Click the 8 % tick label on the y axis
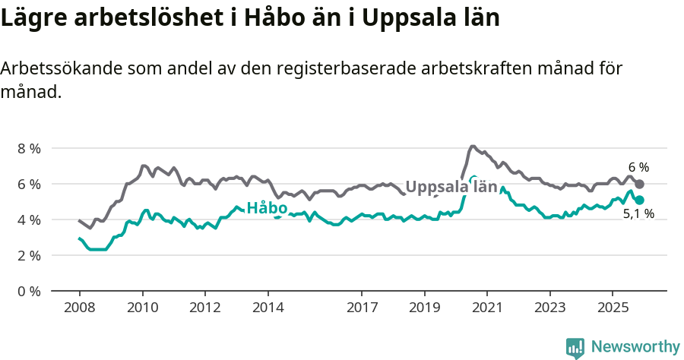tap(29, 148)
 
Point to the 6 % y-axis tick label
tap(29, 184)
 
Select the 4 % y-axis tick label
tap(29, 219)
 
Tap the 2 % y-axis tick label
tap(29, 255)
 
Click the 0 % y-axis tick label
tap(29, 291)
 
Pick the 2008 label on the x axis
tap(79, 308)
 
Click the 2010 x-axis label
tap(142, 308)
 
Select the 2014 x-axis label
tap(268, 308)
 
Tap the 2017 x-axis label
tap(362, 308)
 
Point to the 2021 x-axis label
tap(487, 308)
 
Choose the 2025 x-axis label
tap(613, 308)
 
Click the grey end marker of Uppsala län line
tap(640, 185)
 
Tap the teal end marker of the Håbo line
tap(640, 201)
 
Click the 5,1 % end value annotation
tap(638, 214)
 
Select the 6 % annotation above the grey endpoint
tap(638, 167)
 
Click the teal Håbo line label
tap(267, 208)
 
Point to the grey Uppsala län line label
tap(451, 187)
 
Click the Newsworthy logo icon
tap(575, 348)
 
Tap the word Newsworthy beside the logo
tap(635, 347)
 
